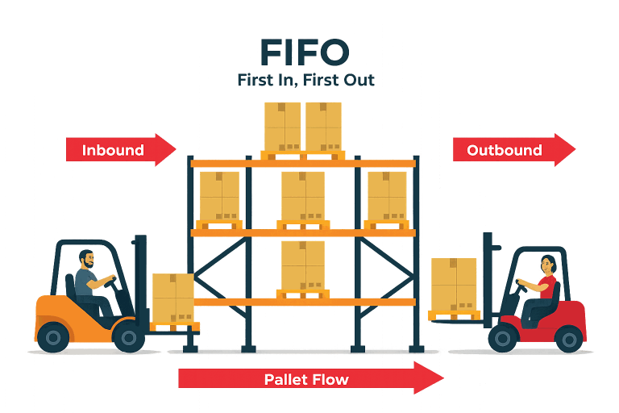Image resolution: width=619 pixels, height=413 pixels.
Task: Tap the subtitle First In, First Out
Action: pyautogui.click(x=305, y=81)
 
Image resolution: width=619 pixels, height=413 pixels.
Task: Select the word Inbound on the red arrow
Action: pyautogui.click(x=113, y=150)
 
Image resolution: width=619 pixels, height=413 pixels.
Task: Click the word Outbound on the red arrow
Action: pyautogui.click(x=505, y=150)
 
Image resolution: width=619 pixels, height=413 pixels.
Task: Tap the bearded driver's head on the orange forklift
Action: pyautogui.click(x=88, y=261)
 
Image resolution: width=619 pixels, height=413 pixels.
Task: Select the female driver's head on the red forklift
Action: pyautogui.click(x=548, y=264)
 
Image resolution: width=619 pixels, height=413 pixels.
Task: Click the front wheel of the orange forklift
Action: pyautogui.click(x=128, y=336)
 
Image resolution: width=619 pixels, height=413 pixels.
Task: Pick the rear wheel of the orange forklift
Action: pyautogui.click(x=52, y=335)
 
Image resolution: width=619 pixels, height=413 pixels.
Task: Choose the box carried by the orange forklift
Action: pyautogui.click(x=173, y=298)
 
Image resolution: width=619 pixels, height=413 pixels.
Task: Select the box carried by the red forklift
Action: pyautogui.click(x=453, y=284)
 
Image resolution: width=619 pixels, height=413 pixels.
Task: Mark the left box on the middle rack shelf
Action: pyautogui.click(x=218, y=195)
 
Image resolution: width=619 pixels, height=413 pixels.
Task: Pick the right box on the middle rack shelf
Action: pyautogui.click(x=388, y=195)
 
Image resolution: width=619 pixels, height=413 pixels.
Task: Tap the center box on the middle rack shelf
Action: pyautogui.click(x=303, y=195)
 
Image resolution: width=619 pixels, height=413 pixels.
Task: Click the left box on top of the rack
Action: pyautogui.click(x=282, y=125)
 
